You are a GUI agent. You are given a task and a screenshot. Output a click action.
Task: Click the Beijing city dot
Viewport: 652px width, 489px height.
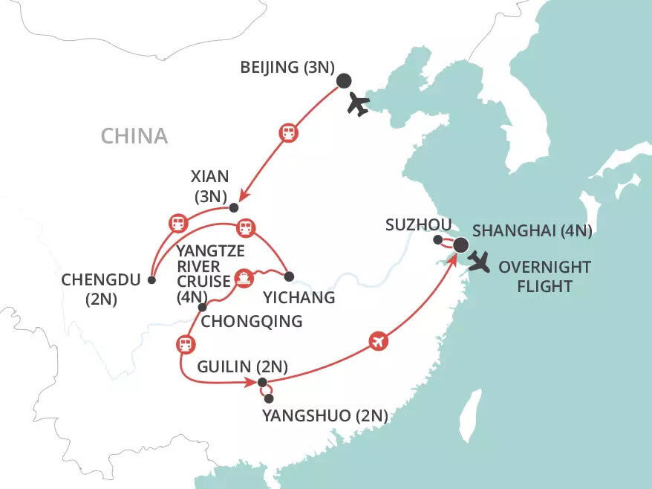tap(344, 82)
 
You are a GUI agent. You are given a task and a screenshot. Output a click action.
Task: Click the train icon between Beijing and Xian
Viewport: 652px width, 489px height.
tap(287, 133)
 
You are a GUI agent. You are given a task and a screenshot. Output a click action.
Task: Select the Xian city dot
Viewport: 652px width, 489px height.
tap(234, 207)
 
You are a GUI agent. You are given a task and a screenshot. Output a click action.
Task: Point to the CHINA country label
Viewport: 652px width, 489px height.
tap(134, 136)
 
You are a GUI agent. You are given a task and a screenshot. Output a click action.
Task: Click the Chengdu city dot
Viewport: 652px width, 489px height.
tap(151, 280)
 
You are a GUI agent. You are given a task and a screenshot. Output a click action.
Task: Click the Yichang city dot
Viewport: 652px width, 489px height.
tap(290, 276)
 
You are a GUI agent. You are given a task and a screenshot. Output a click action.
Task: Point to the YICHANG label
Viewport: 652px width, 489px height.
tap(299, 297)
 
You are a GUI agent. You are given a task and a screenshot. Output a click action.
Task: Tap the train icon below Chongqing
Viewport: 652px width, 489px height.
tap(184, 344)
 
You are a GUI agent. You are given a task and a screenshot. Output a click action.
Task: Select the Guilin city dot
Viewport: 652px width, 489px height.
tap(261, 383)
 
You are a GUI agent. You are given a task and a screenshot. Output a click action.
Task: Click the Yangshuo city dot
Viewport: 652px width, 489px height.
tap(269, 398)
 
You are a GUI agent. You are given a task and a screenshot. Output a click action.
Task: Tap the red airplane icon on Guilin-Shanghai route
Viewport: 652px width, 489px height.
tap(378, 342)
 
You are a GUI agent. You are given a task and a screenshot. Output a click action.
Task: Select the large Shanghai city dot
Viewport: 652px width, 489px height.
tap(460, 244)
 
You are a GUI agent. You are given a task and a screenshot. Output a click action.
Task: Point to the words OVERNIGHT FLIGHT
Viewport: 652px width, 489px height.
tap(545, 276)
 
